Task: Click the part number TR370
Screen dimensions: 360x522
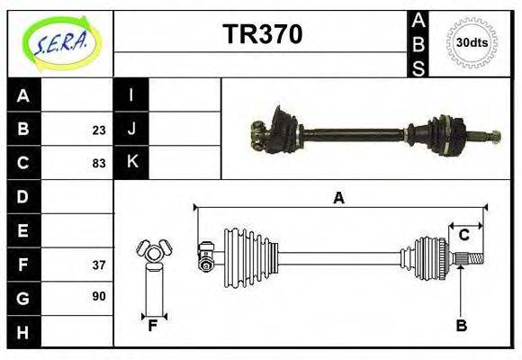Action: (x=262, y=34)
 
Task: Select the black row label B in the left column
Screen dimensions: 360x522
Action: (x=23, y=129)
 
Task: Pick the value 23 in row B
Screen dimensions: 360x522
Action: (x=99, y=130)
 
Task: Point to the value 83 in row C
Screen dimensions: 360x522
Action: (x=99, y=163)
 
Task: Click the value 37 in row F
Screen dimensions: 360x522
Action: (x=99, y=265)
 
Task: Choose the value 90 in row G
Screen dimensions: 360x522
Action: (x=99, y=296)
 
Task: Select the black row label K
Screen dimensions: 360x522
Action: (x=131, y=162)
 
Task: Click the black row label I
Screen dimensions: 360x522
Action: (x=131, y=95)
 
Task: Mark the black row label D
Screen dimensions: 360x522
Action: (x=23, y=196)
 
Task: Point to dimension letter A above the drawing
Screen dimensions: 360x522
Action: (x=338, y=199)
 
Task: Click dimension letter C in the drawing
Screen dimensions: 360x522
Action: (x=464, y=236)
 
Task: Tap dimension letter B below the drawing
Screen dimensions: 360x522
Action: (x=461, y=326)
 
